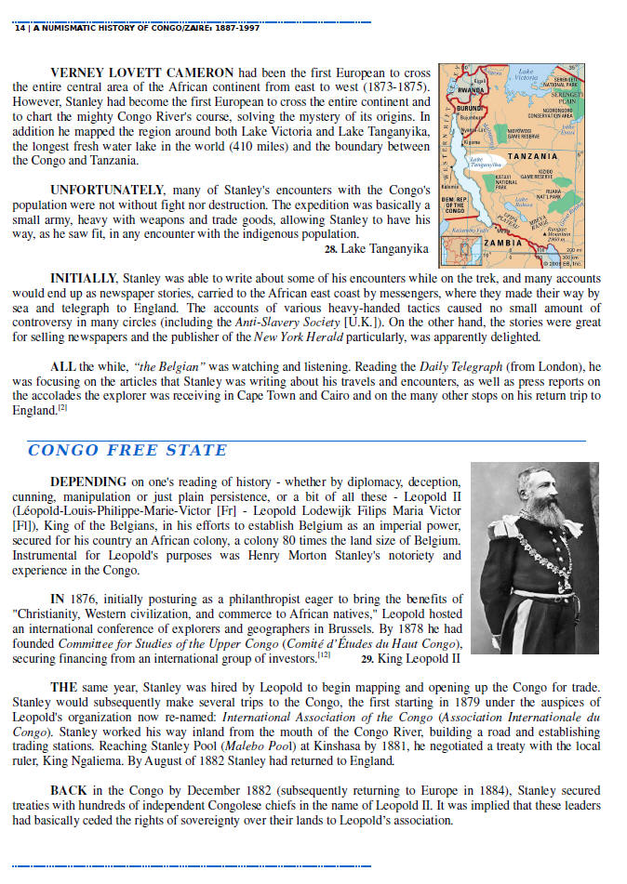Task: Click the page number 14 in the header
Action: [20, 28]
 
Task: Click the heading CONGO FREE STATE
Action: [127, 451]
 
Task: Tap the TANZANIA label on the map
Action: [532, 155]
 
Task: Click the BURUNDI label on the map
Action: [459, 109]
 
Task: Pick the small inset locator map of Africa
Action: [457, 251]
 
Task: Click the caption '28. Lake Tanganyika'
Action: [376, 249]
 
